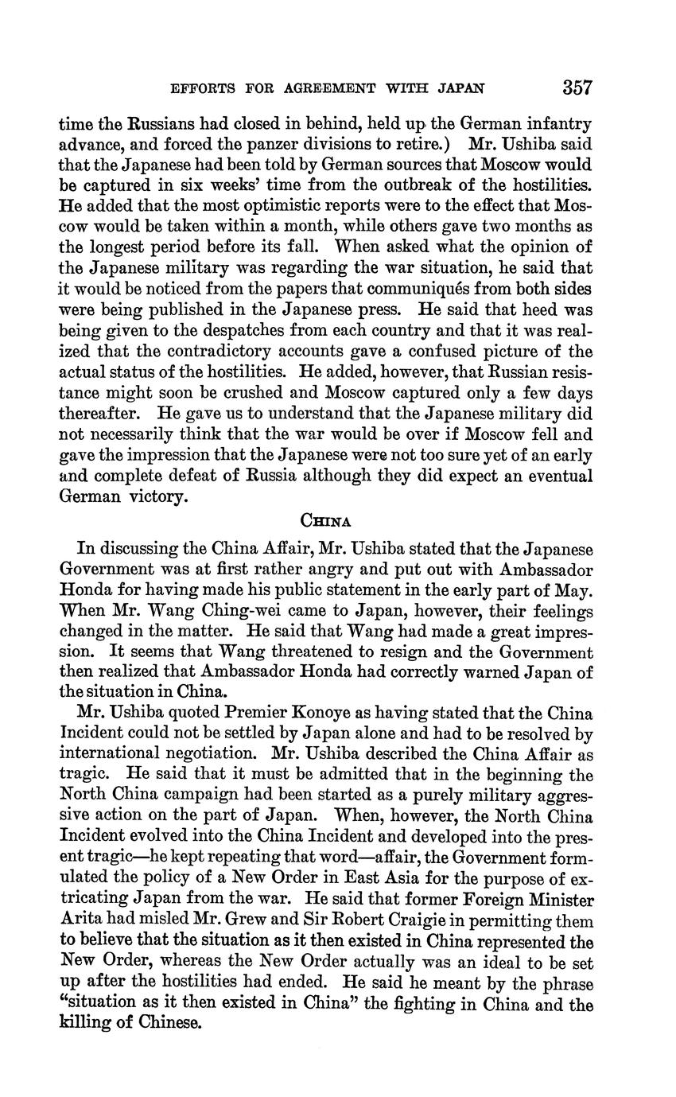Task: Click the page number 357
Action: [x=577, y=86]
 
